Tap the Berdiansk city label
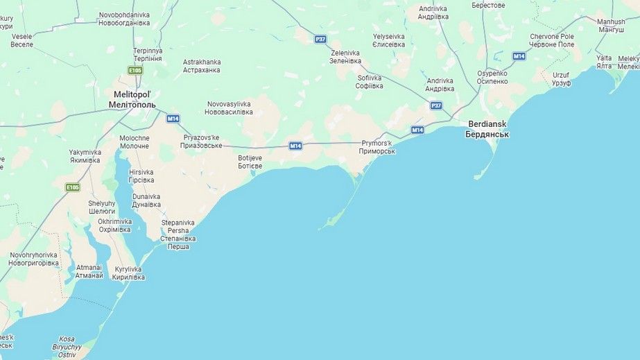point(487,128)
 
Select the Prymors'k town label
point(377,147)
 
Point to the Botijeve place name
point(250,162)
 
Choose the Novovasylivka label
point(229,108)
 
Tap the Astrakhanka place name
point(202,66)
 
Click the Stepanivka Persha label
point(178,234)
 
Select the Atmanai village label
point(89,271)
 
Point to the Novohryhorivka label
point(33,259)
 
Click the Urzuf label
point(562,78)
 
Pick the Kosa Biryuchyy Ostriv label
point(67,347)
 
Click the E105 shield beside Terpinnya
point(135,70)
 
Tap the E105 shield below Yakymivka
point(73,187)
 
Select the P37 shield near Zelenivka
point(320,39)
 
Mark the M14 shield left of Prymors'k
point(295,145)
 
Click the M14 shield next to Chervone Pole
point(519,55)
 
